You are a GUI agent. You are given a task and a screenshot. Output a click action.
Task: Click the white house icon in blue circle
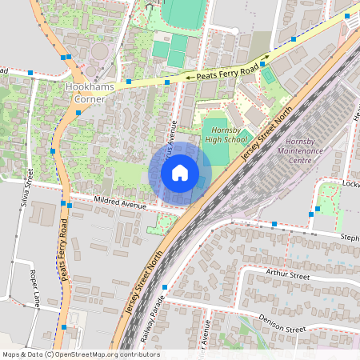coord(180,173)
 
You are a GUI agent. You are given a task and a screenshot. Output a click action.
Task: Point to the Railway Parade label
coord(152,327)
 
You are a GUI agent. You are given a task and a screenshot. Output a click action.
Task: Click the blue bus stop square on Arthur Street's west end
coord(165,287)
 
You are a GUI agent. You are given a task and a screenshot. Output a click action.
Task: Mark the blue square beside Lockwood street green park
coord(318,209)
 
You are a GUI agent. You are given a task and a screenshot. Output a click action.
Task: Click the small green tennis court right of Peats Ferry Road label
coord(268,75)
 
